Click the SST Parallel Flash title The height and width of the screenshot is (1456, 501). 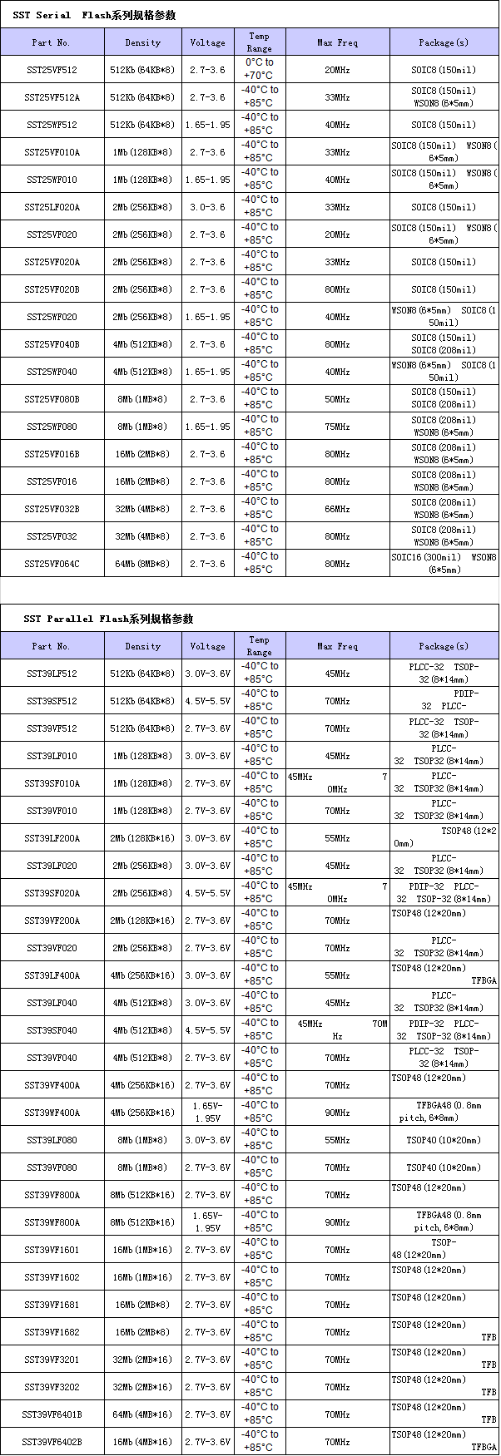pos(108,619)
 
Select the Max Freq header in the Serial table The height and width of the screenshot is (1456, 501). pos(337,42)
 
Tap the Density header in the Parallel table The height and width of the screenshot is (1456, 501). pos(142,646)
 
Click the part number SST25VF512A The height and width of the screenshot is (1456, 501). pos(52,97)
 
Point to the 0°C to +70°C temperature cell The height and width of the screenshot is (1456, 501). pos(259,69)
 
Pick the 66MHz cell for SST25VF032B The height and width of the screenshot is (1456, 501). pos(337,509)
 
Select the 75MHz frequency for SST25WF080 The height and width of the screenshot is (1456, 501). pos(337,427)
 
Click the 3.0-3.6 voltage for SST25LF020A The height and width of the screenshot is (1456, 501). pos(207,207)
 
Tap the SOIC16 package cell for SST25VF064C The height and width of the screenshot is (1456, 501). pos(444,564)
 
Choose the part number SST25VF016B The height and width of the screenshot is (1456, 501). pos(52,454)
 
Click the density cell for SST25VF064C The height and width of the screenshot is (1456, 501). pos(142,564)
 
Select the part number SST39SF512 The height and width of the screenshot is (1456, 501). pos(52,701)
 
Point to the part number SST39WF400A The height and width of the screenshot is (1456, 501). pos(52,1113)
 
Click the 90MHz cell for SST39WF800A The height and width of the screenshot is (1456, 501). pos(337,1222)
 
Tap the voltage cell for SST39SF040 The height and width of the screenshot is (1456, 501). pos(207,1030)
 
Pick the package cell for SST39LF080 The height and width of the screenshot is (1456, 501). pos(444,1140)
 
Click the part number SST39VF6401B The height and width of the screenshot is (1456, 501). pos(52,1414)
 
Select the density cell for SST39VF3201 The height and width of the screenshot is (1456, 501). pos(142,1360)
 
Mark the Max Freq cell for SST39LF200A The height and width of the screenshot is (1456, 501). pos(337,838)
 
